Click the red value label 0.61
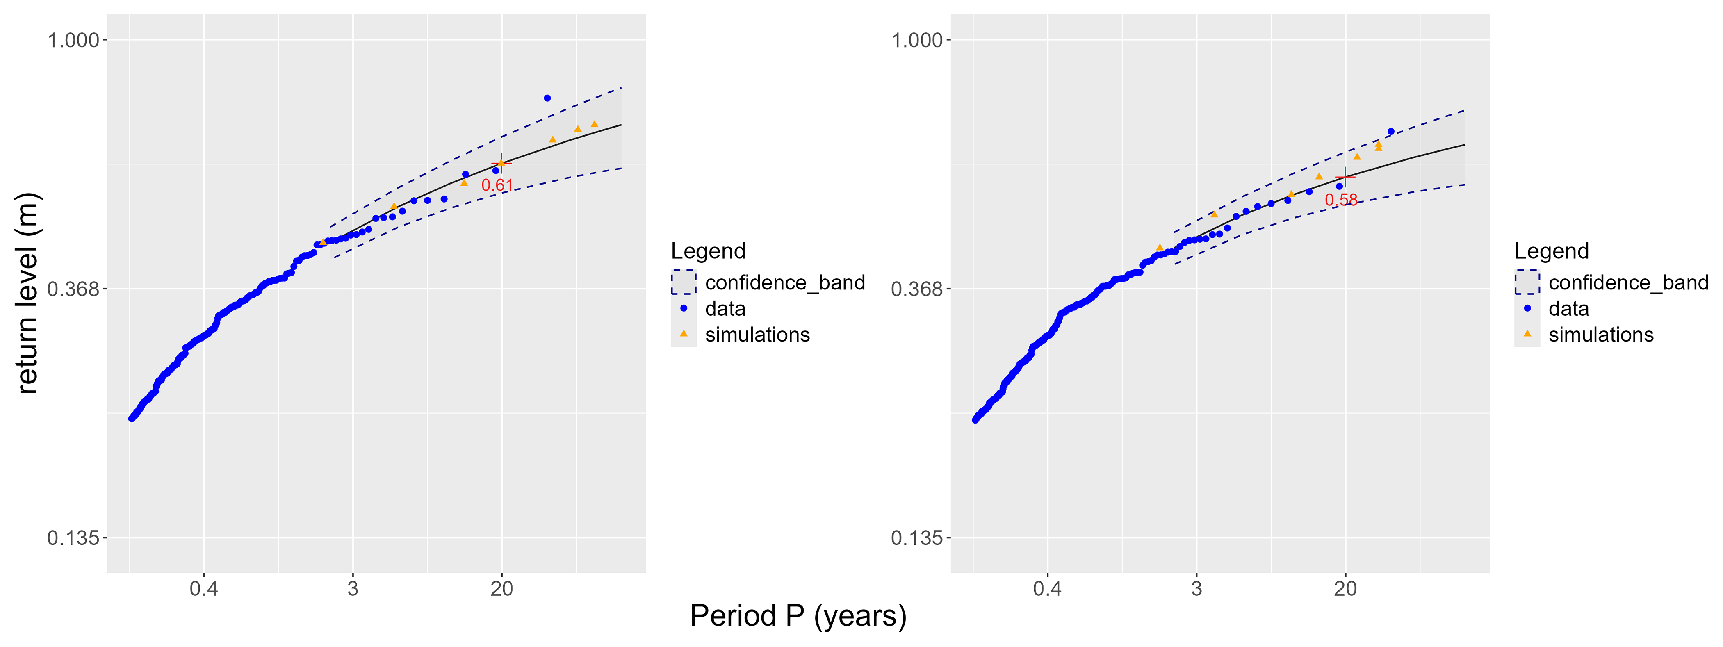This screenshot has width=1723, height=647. pos(497,185)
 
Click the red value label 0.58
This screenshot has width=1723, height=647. pos(1341,200)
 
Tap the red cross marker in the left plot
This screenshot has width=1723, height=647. pos(501,163)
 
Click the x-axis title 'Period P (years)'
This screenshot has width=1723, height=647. pos(798,615)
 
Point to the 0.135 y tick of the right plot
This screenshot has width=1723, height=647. pos(916,538)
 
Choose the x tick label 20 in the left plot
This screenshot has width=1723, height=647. pos(501,589)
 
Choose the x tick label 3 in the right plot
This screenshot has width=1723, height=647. pos(1197,589)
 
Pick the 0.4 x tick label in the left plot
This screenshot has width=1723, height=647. pos(204,589)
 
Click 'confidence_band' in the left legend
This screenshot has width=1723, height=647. pos(784,283)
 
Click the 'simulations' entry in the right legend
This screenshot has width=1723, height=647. pos(1600,335)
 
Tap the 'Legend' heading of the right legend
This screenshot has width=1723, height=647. pos(1551,251)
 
